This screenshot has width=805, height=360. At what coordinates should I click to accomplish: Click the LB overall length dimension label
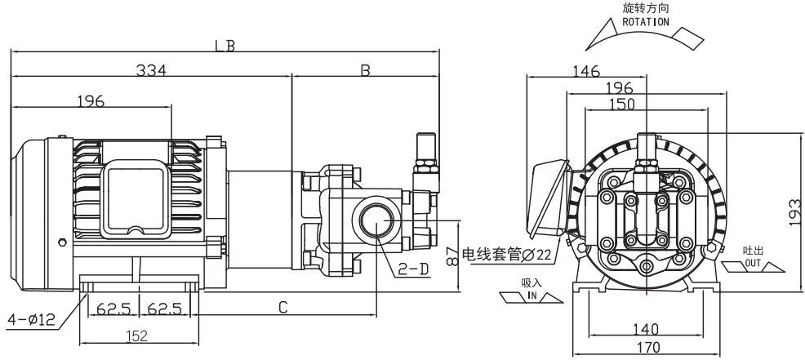tap(225, 46)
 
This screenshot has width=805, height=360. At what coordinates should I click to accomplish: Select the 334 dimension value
tap(151, 71)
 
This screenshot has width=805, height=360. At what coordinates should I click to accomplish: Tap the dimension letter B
tap(366, 71)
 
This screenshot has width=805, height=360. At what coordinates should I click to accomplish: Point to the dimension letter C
tap(282, 307)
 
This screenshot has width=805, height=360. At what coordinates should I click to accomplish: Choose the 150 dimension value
tap(623, 104)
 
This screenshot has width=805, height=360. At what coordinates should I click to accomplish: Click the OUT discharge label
tap(751, 264)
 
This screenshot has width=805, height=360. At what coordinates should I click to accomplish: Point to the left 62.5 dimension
tap(113, 310)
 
